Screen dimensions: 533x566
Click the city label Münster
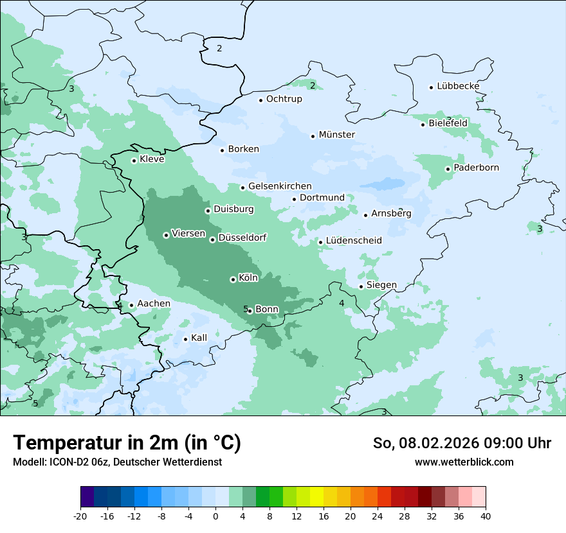336,135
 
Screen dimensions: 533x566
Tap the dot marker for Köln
233,279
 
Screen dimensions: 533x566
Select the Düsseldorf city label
242,238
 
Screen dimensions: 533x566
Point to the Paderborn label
476,168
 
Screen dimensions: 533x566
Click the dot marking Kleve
134,161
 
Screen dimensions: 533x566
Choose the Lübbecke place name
458,87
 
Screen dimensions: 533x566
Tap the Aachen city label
154,304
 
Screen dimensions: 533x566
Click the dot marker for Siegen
361,286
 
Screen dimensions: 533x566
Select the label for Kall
199,338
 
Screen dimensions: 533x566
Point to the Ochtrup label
284,100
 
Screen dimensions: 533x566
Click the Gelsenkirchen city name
280,187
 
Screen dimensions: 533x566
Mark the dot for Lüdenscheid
320,242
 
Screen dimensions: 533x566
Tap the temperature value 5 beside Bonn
246,309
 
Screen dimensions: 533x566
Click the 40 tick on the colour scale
485,516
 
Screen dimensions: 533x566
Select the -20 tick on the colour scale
80,516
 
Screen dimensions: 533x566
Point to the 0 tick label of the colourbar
215,516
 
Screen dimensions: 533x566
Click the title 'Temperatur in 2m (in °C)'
127,442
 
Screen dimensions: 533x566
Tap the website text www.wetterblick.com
464,462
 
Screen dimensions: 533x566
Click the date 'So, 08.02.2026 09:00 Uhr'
462,443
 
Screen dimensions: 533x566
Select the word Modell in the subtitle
28,462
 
